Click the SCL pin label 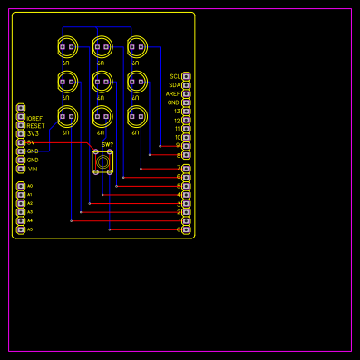pyautogui.click(x=174, y=77)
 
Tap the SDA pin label pyautogui.click(x=174, y=85)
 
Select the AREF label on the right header pyautogui.click(x=172, y=94)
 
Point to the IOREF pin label pyautogui.click(x=34, y=118)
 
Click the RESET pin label pyautogui.click(x=35, y=126)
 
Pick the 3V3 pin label pyautogui.click(x=33, y=134)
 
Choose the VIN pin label pyautogui.click(x=33, y=169)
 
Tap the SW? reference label pyautogui.click(x=107, y=144)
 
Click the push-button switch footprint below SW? pyautogui.click(x=102, y=162)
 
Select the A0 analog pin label pyautogui.click(x=30, y=186)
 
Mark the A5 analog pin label pyautogui.click(x=30, y=229)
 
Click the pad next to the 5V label pyautogui.click(x=21, y=142)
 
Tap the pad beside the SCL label pyautogui.click(x=186, y=77)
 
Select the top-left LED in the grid pyautogui.click(x=67, y=47)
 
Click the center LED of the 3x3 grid pyautogui.click(x=102, y=82)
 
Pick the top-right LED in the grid pyautogui.click(x=137, y=47)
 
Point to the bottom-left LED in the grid pyautogui.click(x=67, y=116)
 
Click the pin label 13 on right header pyautogui.click(x=177, y=112)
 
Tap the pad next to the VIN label pyautogui.click(x=21, y=169)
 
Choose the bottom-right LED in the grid pyautogui.click(x=137, y=116)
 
